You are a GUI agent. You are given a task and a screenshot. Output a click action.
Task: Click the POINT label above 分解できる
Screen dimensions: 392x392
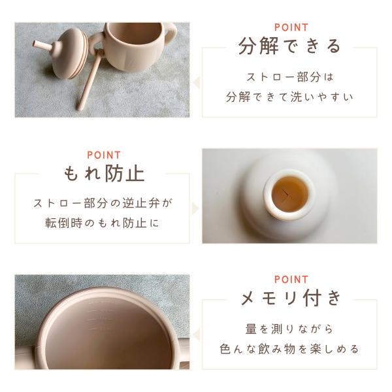coord(291,27)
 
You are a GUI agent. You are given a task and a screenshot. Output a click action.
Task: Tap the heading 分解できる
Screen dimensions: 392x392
coord(289,46)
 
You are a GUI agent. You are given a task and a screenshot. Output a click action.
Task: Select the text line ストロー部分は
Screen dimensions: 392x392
coord(290,77)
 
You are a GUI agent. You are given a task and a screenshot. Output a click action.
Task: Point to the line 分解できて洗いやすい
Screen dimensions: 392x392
coord(289,97)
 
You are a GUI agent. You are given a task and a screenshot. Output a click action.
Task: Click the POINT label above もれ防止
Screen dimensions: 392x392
coord(104,155)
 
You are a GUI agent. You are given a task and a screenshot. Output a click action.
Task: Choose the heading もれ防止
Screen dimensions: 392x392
coord(105,174)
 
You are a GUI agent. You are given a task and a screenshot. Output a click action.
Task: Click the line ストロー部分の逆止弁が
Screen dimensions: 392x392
coord(103,203)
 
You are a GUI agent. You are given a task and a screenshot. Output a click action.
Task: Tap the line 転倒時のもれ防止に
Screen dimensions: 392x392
coord(103,223)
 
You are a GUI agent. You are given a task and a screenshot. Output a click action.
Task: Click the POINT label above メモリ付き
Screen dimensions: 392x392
coord(291,280)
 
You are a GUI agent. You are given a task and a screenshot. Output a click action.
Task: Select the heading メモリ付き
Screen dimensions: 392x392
coord(291,298)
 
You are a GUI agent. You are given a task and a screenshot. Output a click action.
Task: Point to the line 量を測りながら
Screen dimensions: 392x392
coord(289,329)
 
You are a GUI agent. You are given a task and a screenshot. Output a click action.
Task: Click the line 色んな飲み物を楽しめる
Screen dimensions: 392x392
coord(289,349)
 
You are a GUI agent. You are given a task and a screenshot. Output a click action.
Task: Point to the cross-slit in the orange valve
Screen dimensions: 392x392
coord(288,194)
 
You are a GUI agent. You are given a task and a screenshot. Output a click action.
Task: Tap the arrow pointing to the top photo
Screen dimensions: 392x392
coord(197,82)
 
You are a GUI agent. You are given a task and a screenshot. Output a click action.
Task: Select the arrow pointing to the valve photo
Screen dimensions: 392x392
coord(195,208)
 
